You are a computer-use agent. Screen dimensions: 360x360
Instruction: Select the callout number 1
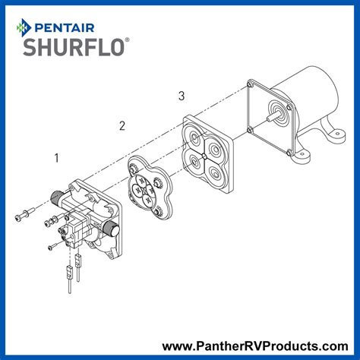point(55,158)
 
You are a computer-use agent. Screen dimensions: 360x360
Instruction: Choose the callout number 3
point(181,96)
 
